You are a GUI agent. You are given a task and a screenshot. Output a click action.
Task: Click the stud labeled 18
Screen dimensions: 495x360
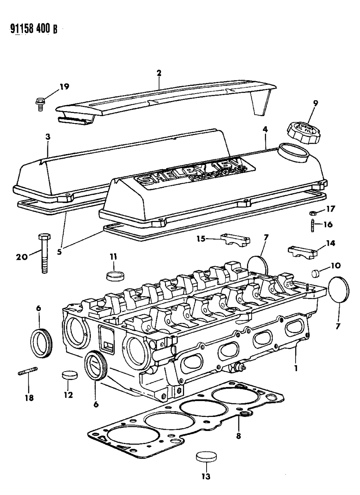(x=28, y=373)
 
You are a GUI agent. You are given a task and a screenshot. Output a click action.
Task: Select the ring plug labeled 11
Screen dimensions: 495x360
(x=115, y=276)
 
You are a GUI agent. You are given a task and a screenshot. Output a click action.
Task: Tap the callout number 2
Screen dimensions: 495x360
(x=159, y=73)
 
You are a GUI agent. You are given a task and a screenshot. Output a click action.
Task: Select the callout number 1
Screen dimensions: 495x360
(x=296, y=367)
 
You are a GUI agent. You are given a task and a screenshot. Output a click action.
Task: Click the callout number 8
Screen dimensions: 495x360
(x=238, y=436)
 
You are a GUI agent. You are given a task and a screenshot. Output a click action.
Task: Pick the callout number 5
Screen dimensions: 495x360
(x=59, y=251)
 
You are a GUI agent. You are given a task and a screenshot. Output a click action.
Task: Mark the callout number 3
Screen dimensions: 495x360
(x=47, y=137)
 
